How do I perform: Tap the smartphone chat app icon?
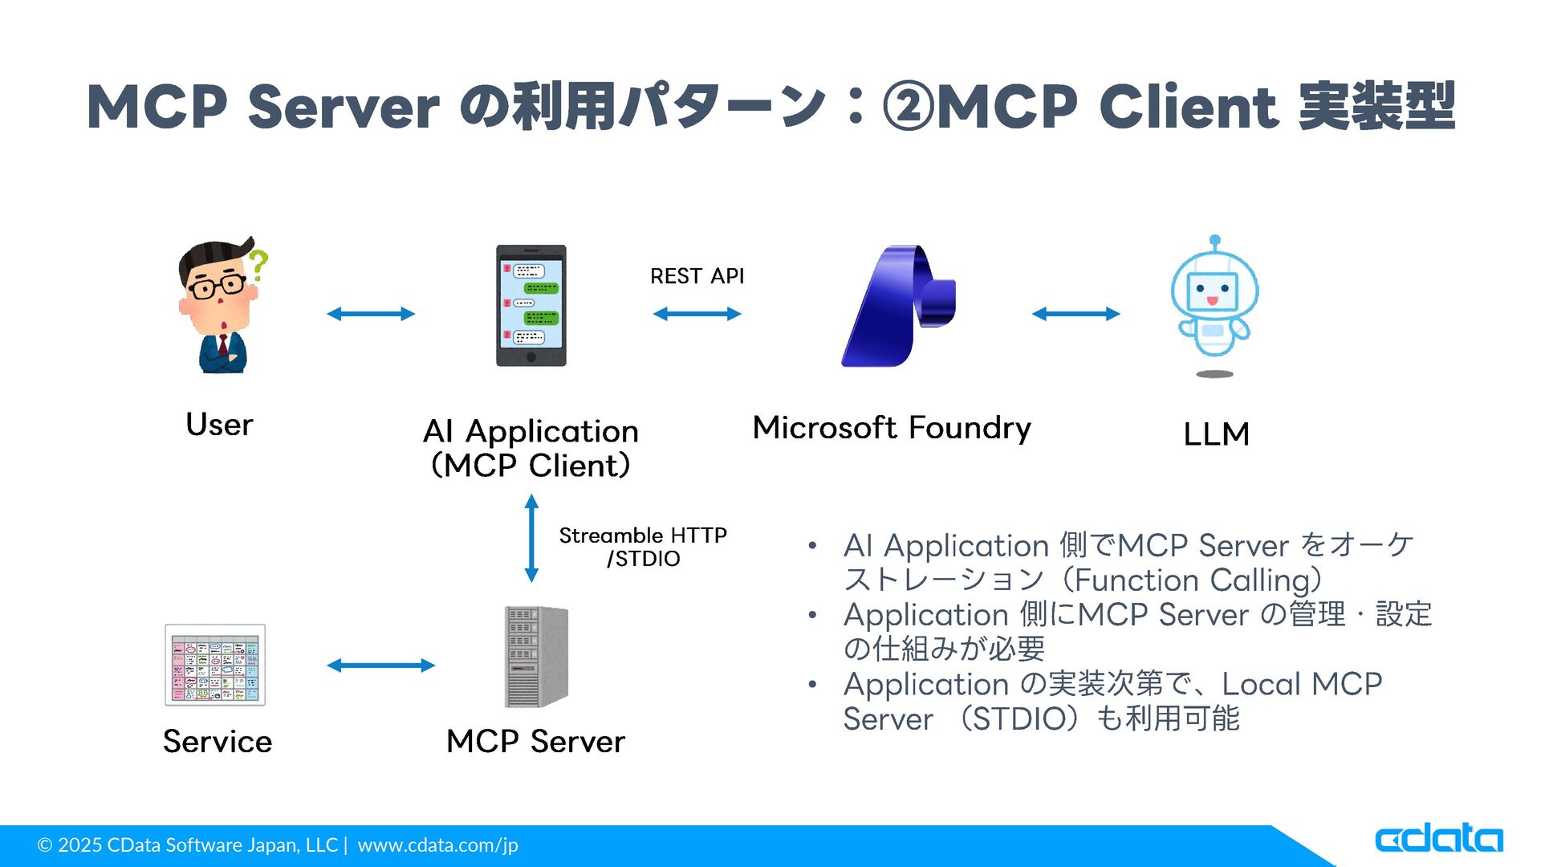click(531, 306)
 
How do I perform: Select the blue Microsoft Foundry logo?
click(898, 306)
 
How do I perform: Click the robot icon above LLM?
click(1214, 306)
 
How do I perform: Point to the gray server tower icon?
click(536, 657)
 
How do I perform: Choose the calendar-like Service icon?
click(215, 665)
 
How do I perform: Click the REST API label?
click(697, 276)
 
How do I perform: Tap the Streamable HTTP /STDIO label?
click(643, 547)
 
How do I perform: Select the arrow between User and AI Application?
click(371, 314)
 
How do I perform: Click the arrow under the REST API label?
click(697, 314)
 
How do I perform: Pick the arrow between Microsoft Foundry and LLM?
click(1075, 314)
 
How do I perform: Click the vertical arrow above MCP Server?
click(531, 538)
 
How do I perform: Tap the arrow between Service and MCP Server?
click(381, 665)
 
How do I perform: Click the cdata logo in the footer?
click(1438, 838)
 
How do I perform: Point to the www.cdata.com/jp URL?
click(437, 845)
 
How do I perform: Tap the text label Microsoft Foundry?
click(892, 428)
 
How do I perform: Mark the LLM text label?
click(1216, 434)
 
